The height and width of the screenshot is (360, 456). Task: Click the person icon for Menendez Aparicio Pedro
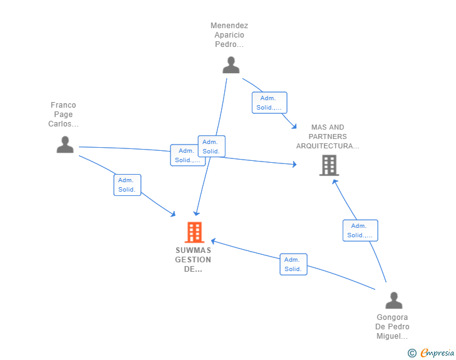pyautogui.click(x=231, y=65)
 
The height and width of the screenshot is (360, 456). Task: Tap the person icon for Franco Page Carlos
pyautogui.click(x=65, y=145)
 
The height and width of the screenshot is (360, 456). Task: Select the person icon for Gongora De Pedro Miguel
pyautogui.click(x=393, y=301)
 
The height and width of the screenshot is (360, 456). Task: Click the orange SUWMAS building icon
pyautogui.click(x=195, y=232)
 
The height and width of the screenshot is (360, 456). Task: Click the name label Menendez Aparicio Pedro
pyautogui.click(x=229, y=35)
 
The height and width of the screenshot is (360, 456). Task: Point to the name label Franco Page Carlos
pyautogui.click(x=63, y=115)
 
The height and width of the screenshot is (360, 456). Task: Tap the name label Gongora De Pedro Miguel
pyautogui.click(x=393, y=327)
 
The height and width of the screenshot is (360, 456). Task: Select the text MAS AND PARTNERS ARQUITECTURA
pyautogui.click(x=328, y=136)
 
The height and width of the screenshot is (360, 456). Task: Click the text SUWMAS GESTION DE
pyautogui.click(x=194, y=259)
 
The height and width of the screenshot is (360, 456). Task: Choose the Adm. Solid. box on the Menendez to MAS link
pyautogui.click(x=269, y=103)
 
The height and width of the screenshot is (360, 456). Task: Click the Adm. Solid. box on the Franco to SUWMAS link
pyautogui.click(x=127, y=185)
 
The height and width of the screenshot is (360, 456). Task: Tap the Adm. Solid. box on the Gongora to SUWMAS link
pyautogui.click(x=293, y=264)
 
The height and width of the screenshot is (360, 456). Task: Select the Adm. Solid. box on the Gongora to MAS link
pyautogui.click(x=360, y=230)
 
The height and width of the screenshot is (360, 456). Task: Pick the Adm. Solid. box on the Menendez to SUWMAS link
pyautogui.click(x=211, y=147)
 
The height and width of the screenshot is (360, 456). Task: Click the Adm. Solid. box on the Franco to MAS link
pyautogui.click(x=187, y=155)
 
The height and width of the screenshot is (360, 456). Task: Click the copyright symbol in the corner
pyautogui.click(x=412, y=353)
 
